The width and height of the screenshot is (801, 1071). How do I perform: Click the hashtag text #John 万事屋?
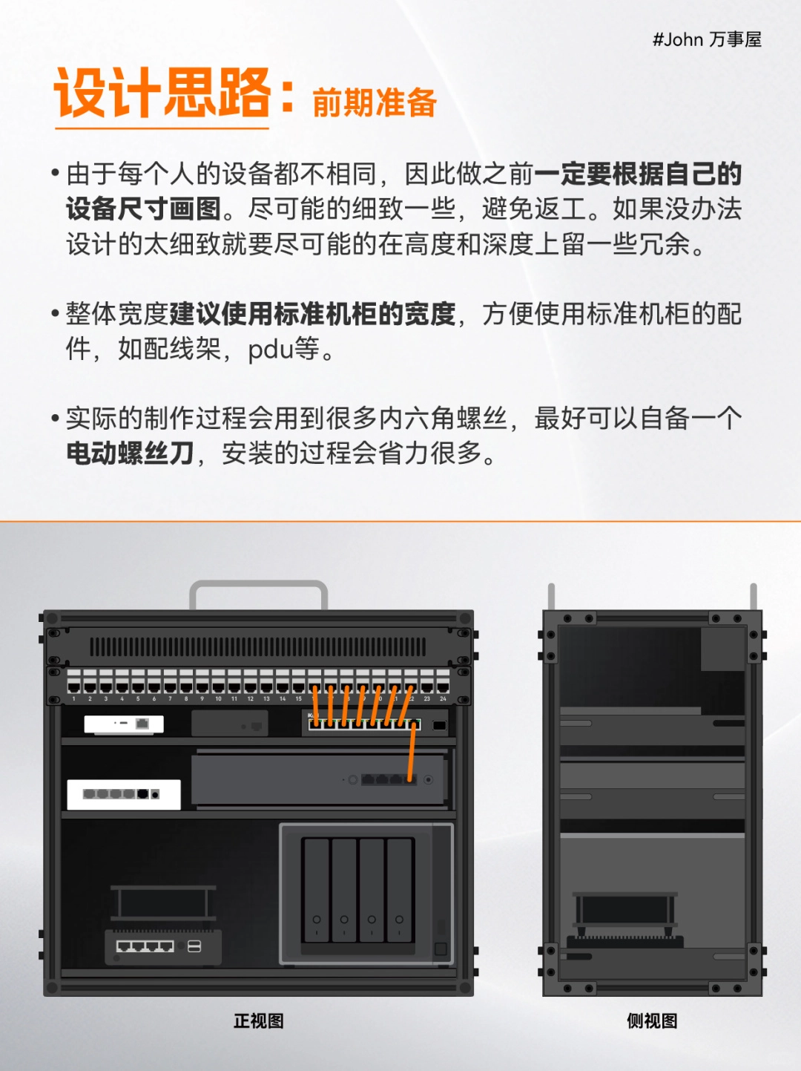pyautogui.click(x=707, y=39)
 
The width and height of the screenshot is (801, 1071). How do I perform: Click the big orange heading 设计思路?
pyautogui.click(x=162, y=93)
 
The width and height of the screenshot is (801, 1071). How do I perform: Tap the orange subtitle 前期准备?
pyautogui.click(x=375, y=103)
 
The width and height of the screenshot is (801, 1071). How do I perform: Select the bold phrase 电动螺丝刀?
pyautogui.click(x=131, y=453)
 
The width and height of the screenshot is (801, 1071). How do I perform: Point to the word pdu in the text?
pyautogui.click(x=271, y=350)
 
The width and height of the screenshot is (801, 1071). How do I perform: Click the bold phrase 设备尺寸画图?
pyautogui.click(x=144, y=209)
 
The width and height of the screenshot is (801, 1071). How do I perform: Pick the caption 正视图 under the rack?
pyautogui.click(x=258, y=1021)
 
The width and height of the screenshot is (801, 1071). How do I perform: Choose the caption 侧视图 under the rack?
pyautogui.click(x=653, y=1021)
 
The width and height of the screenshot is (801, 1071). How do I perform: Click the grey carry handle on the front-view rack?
pyautogui.click(x=258, y=583)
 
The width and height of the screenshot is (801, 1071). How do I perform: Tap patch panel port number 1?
pyautogui.click(x=74, y=687)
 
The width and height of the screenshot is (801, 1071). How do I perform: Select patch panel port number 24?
pyautogui.click(x=443, y=687)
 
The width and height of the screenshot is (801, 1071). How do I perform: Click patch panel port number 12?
pyautogui.click(x=250, y=687)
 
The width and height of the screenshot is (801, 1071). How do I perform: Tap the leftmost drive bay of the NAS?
pyautogui.click(x=317, y=890)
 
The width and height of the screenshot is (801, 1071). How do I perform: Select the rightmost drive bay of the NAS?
pyautogui.click(x=399, y=890)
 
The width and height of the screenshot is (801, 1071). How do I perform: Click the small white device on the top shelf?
pyautogui.click(x=124, y=724)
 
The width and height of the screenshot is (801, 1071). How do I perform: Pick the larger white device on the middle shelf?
pyautogui.click(x=124, y=795)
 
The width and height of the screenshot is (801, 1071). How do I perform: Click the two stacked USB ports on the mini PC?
pyautogui.click(x=194, y=946)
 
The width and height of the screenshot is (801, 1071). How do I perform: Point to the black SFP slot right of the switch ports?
pyautogui.click(x=439, y=726)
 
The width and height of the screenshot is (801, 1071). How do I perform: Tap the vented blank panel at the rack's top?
pyautogui.click(x=258, y=647)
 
